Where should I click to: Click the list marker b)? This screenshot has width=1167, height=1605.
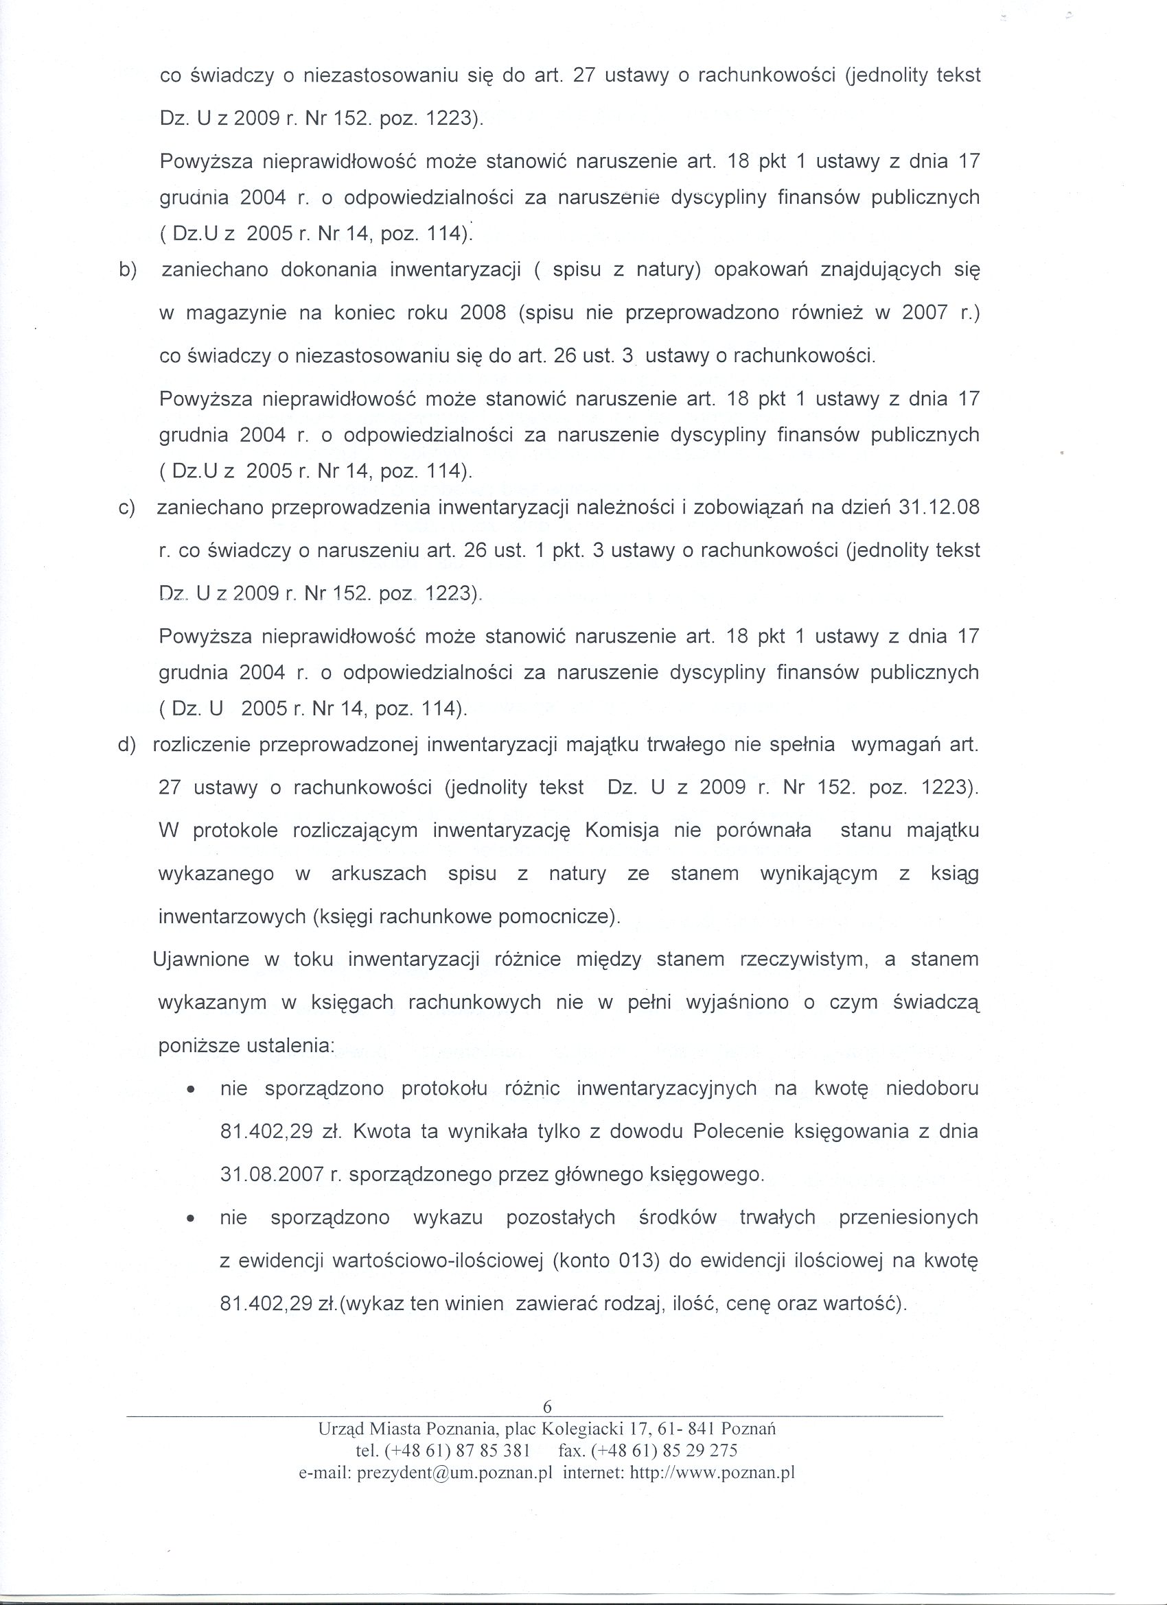128,270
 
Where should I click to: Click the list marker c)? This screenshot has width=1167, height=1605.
128,508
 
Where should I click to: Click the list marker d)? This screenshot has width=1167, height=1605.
127,745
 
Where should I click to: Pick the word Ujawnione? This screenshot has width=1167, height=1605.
201,960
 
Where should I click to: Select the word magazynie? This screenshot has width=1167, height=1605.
232,313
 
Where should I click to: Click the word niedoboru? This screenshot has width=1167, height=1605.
932,1089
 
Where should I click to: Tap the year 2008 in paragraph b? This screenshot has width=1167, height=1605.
483,313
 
